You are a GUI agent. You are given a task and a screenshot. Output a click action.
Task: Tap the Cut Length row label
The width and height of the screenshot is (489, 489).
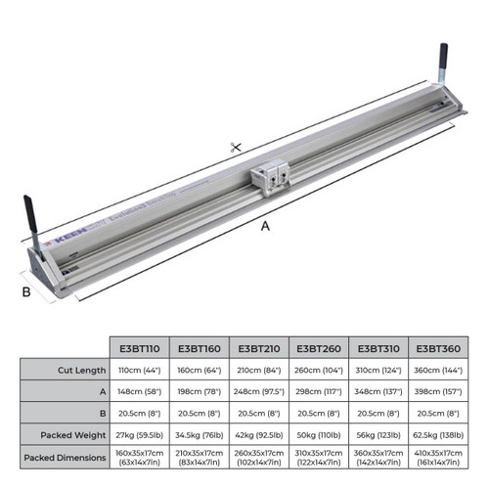[65, 371]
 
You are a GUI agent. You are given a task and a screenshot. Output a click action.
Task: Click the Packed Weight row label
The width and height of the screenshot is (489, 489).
[65, 433]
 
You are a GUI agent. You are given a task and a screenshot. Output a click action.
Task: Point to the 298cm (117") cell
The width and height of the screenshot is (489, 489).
[317, 391]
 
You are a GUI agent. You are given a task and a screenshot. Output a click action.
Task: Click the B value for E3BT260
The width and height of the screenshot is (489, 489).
[317, 412]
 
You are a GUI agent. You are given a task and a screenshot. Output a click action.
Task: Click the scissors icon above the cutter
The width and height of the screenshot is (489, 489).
[235, 148]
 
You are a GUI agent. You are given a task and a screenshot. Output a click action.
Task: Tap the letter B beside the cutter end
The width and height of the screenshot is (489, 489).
[26, 290]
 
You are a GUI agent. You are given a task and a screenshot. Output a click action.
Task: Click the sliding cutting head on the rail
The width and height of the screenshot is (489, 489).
[270, 177]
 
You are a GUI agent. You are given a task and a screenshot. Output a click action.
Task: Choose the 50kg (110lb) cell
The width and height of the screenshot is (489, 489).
[317, 433]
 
